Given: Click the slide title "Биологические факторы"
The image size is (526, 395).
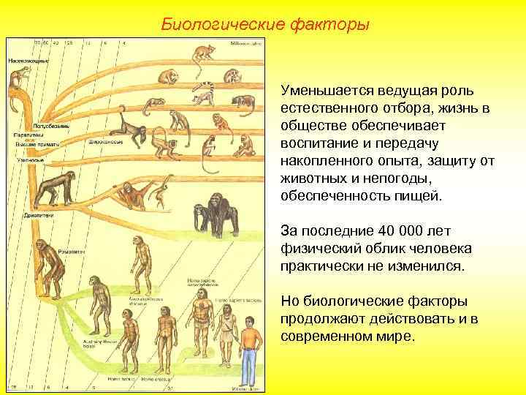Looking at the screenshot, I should click(x=266, y=25).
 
